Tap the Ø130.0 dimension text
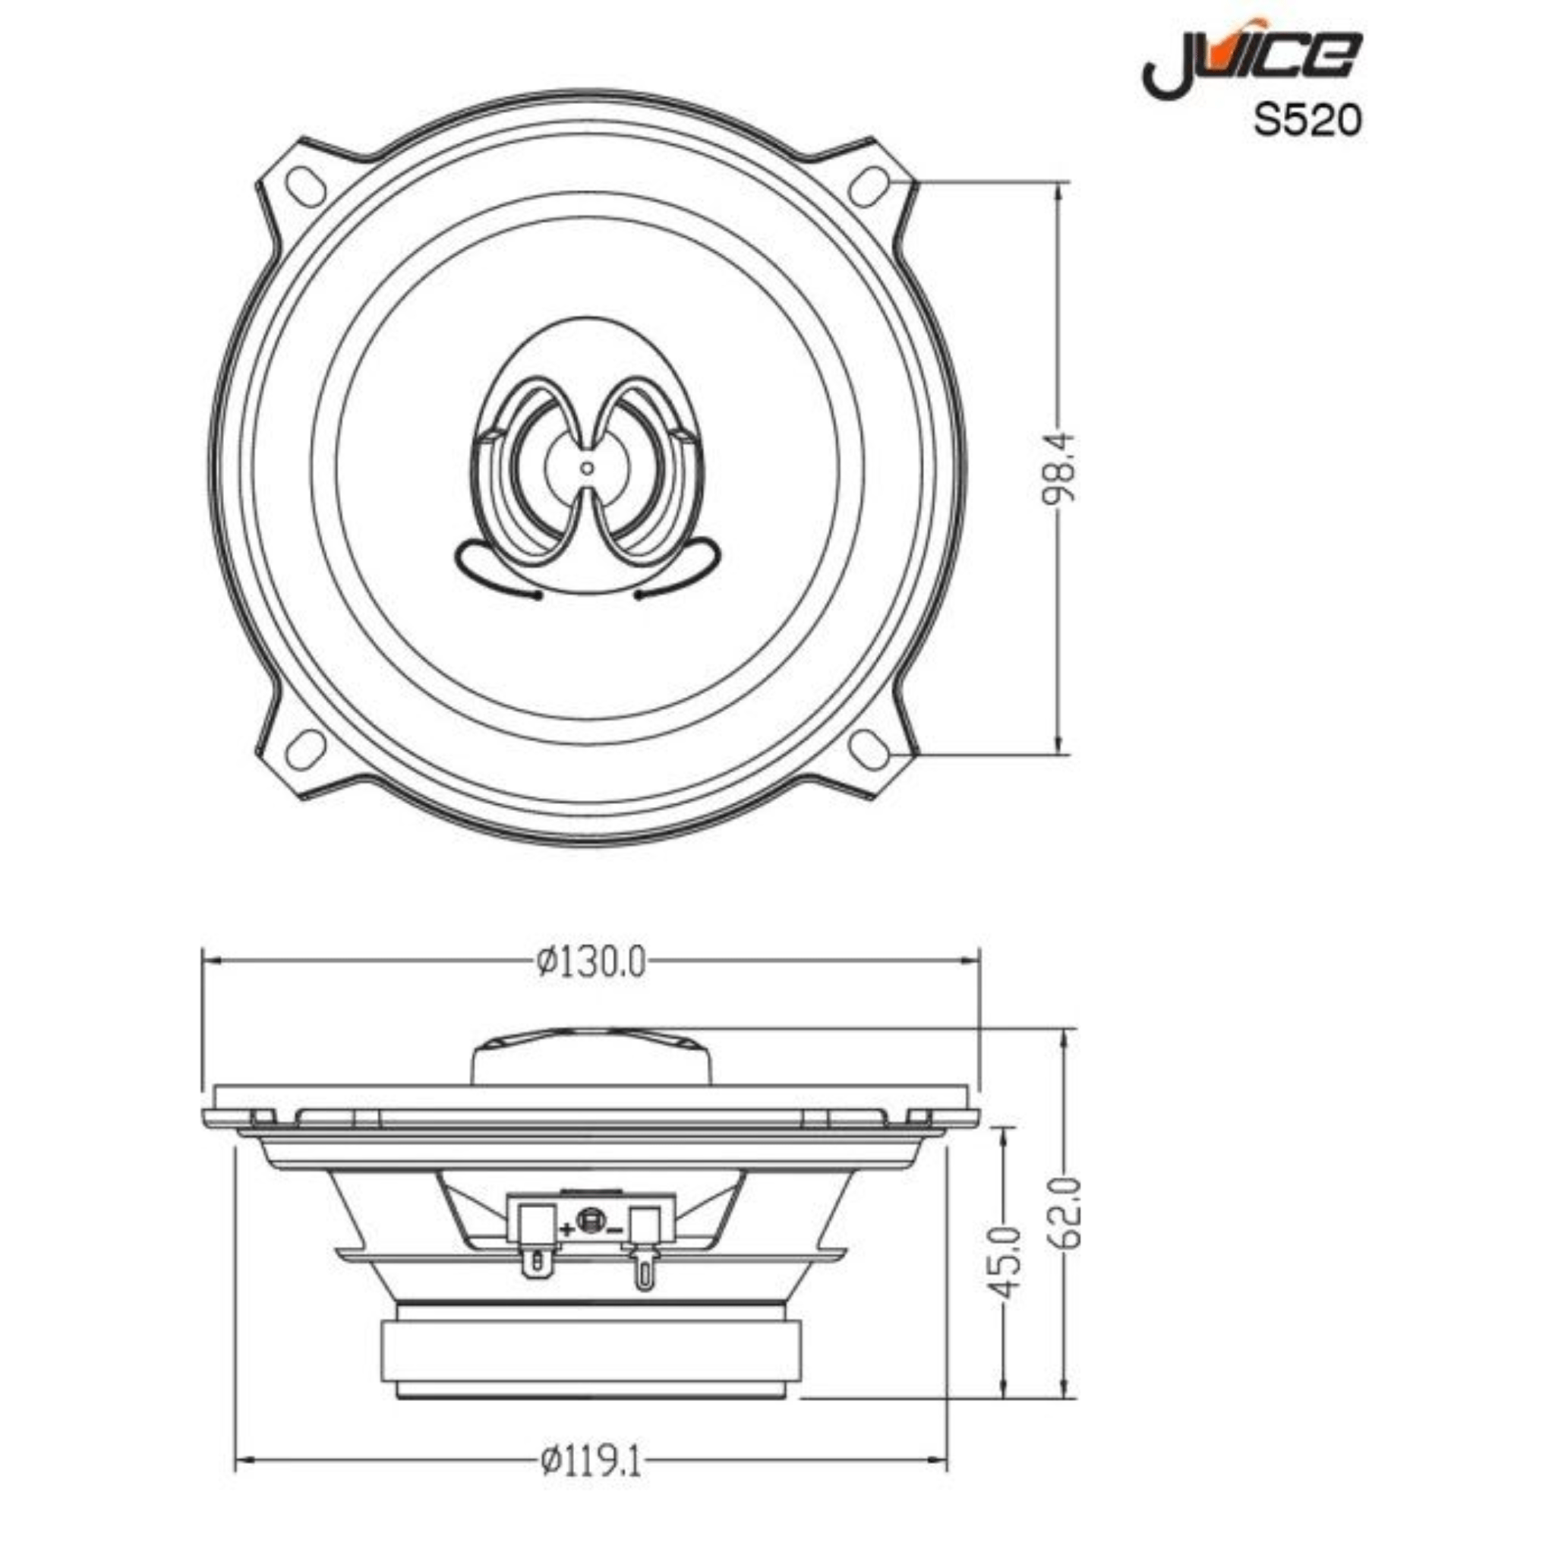591,962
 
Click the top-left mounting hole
305,186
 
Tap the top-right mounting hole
870,186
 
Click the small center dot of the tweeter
588,468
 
